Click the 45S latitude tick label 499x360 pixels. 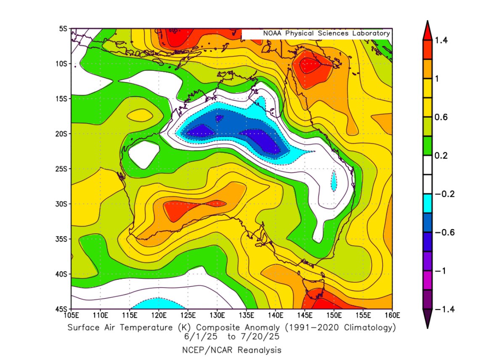(x=63, y=309)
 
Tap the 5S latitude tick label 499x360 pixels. (x=64, y=29)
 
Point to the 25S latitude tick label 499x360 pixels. (x=63, y=169)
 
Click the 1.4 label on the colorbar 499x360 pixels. (x=441, y=40)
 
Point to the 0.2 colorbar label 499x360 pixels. (x=441, y=156)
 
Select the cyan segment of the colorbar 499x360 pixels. (x=427, y=204)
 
